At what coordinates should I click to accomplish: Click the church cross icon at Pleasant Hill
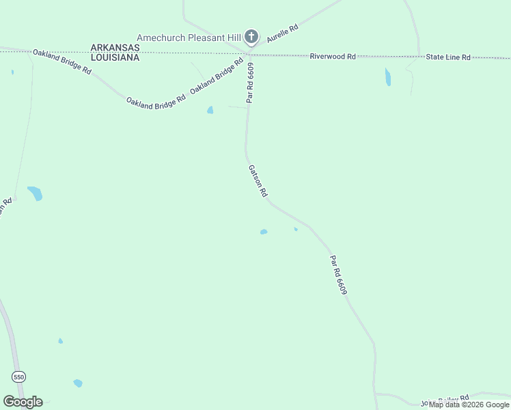[251, 37]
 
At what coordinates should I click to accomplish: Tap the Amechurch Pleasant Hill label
[189, 37]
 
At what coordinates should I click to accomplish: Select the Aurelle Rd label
[283, 34]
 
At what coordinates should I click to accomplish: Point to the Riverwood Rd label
[333, 57]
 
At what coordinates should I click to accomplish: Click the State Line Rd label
[448, 57]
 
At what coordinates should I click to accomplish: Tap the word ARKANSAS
[115, 48]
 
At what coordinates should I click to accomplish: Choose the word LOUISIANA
[115, 57]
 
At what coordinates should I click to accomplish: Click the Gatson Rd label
[257, 180]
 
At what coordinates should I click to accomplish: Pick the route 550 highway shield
[18, 377]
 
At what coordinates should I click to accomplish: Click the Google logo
[23, 402]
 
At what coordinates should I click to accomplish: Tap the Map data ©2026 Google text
[469, 405]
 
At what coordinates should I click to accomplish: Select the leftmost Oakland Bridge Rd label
[61, 61]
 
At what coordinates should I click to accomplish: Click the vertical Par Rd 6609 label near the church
[251, 82]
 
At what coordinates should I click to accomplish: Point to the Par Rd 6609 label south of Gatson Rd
[339, 275]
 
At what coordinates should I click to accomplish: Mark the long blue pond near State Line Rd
[388, 77]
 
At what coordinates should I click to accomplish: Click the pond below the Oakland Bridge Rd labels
[210, 110]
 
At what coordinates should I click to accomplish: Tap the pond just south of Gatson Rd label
[264, 232]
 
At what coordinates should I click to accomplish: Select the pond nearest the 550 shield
[77, 383]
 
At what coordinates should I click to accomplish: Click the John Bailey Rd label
[445, 400]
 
